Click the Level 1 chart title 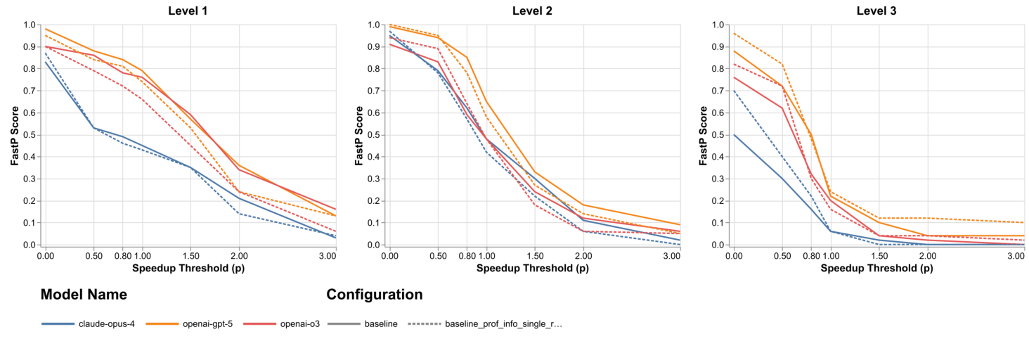tap(188, 11)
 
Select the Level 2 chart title tap(532, 11)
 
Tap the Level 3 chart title tap(876, 11)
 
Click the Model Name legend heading tap(84, 295)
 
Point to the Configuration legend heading tap(374, 295)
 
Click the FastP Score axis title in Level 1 tap(15, 136)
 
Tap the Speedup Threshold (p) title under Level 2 tap(532, 268)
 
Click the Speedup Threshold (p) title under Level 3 tap(876, 268)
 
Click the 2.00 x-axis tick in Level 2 tap(583, 256)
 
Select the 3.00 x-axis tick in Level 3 tap(1014, 256)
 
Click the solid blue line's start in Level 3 tap(734, 135)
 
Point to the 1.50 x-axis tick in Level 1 tap(190, 256)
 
